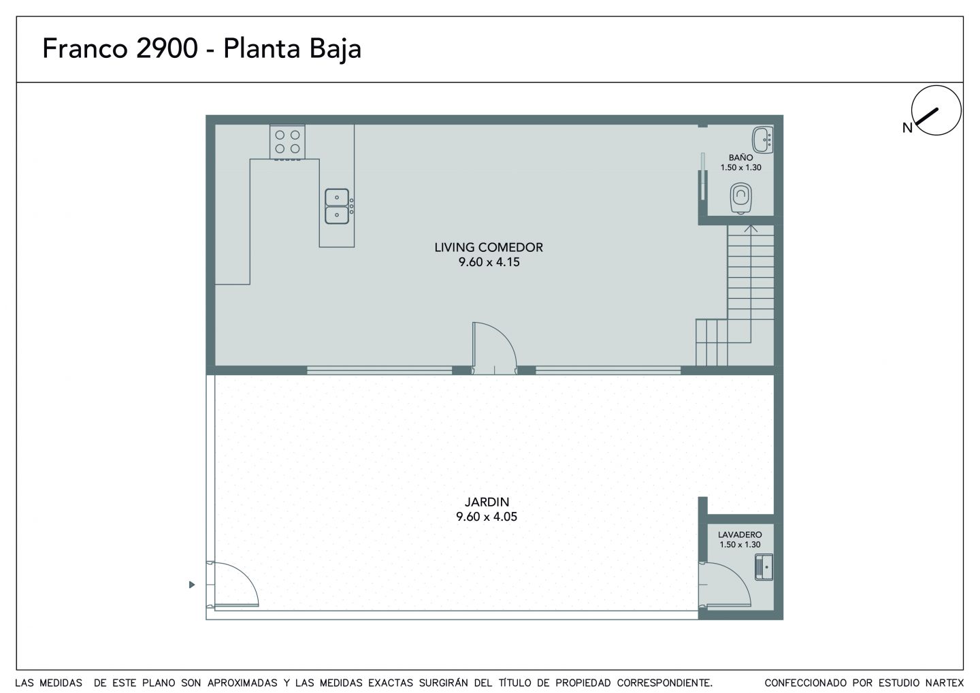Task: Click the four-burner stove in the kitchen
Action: click(x=287, y=142)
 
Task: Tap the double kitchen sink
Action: click(x=337, y=206)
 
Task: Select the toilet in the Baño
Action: click(x=740, y=198)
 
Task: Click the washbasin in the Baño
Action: click(x=762, y=140)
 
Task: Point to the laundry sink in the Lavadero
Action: click(x=764, y=568)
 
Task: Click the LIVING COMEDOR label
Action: click(x=488, y=248)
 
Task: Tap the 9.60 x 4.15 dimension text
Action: click(x=489, y=262)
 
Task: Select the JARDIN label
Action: click(x=487, y=502)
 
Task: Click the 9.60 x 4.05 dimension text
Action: click(x=487, y=517)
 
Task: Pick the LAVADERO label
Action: click(x=740, y=534)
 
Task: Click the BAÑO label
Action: click(x=740, y=157)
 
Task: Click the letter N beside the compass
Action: click(x=907, y=128)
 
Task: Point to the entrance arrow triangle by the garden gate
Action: click(x=192, y=585)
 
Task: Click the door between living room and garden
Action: click(x=494, y=349)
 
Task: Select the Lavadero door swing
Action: click(x=725, y=585)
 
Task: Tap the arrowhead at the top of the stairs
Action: click(x=751, y=228)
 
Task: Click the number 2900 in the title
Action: click(x=167, y=48)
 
